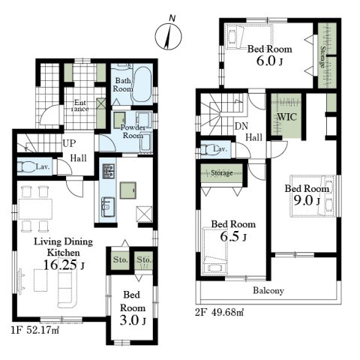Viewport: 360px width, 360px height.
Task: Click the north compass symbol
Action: tap(168, 34)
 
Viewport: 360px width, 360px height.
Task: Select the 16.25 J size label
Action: tap(64, 265)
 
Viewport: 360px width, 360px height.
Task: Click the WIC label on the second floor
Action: tap(286, 117)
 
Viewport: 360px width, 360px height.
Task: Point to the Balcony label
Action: tap(268, 290)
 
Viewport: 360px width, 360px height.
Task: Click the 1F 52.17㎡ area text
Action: tap(35, 331)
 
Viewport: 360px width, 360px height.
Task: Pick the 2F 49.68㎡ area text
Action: tap(220, 312)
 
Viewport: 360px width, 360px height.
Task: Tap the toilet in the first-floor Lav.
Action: tap(25, 166)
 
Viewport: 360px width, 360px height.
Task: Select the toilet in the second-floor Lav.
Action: tap(208, 150)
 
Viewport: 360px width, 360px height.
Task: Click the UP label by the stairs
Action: tap(69, 143)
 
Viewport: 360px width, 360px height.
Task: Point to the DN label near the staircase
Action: tap(241, 126)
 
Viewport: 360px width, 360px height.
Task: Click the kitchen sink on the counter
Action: tap(108, 207)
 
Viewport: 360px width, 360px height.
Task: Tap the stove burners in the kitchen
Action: tap(109, 171)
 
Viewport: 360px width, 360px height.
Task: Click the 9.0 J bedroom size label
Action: tap(307, 200)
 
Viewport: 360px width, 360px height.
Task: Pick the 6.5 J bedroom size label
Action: tap(233, 236)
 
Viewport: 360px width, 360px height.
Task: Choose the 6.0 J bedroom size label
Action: tap(269, 61)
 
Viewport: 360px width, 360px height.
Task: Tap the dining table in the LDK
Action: tap(35, 209)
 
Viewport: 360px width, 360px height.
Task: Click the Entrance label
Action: tap(80, 106)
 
